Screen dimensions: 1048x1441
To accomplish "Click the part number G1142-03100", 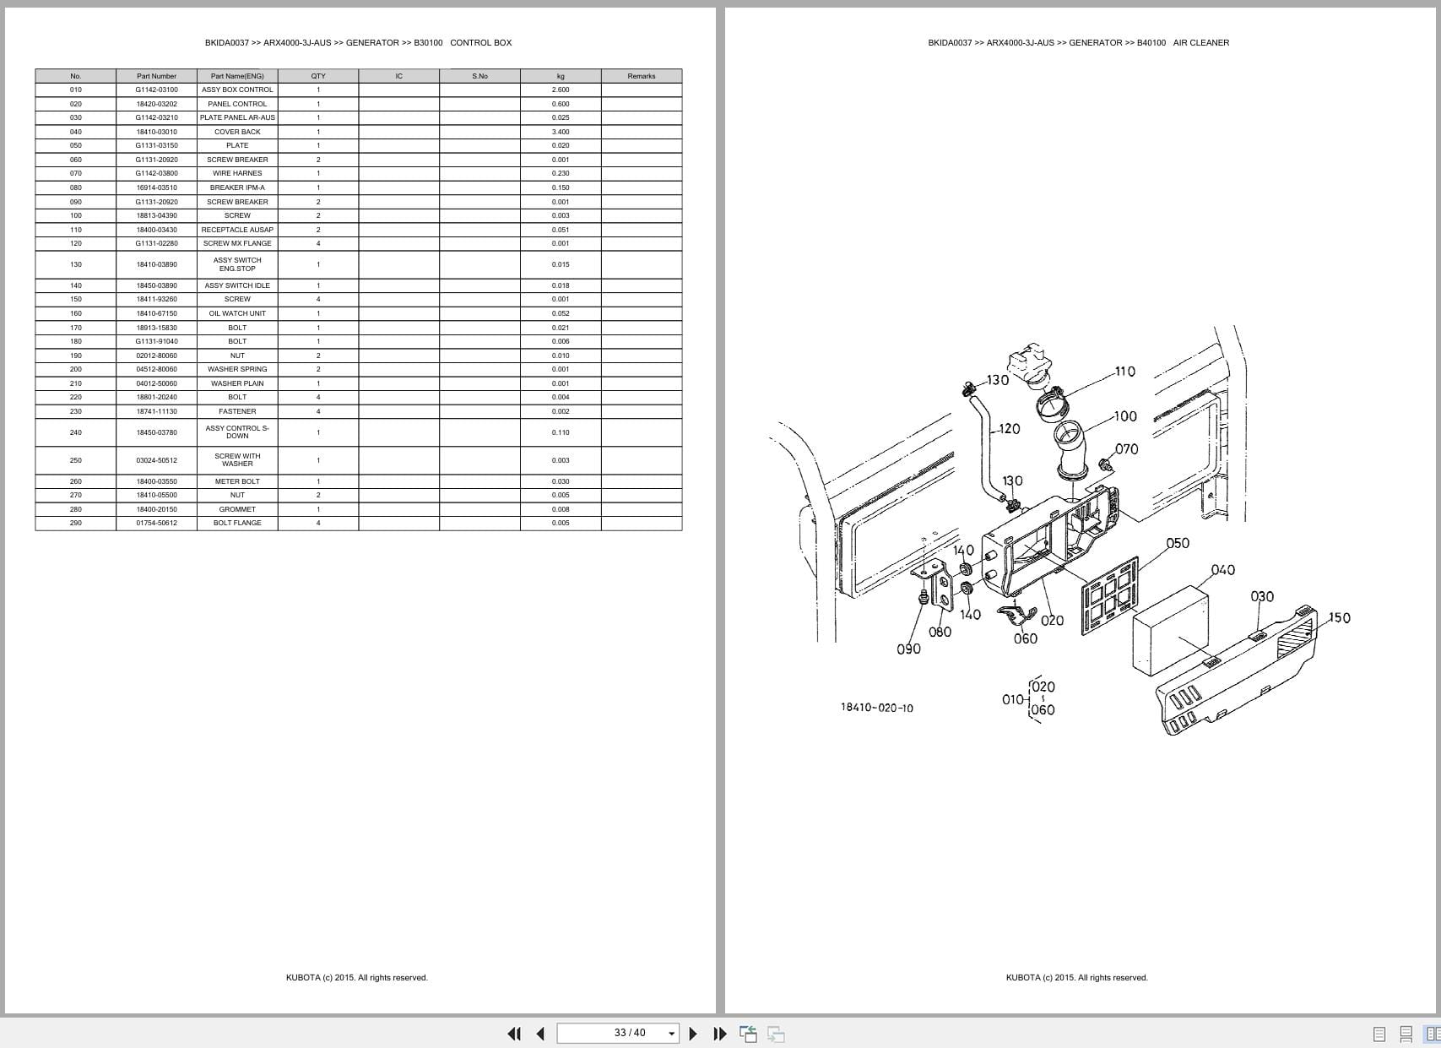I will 156,90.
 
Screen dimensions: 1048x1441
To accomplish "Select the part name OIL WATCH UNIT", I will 237,313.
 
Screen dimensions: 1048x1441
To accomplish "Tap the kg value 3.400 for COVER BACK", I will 561,132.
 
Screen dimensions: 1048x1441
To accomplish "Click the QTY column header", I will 318,76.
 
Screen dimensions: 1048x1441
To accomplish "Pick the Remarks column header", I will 641,76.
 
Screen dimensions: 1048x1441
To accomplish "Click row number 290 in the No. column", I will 76,523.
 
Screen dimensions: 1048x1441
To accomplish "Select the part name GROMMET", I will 237,509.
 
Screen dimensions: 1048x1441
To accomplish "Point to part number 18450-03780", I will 156,432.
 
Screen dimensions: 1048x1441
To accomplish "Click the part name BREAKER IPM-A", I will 237,187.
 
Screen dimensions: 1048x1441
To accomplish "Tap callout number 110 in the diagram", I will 1124,372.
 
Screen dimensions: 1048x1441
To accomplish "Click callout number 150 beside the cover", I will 1339,617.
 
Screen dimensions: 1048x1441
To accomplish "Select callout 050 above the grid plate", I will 1177,543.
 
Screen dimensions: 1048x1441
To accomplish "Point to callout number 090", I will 908,649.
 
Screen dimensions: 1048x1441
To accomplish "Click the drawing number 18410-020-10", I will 876,708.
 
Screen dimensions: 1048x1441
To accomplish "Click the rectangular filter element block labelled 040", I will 1169,629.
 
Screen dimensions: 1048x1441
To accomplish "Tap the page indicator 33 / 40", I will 630,1033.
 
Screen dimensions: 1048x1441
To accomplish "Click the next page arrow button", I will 693,1033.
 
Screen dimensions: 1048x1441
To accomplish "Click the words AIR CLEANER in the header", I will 1200,42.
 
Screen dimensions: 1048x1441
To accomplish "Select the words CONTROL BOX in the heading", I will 480,42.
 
